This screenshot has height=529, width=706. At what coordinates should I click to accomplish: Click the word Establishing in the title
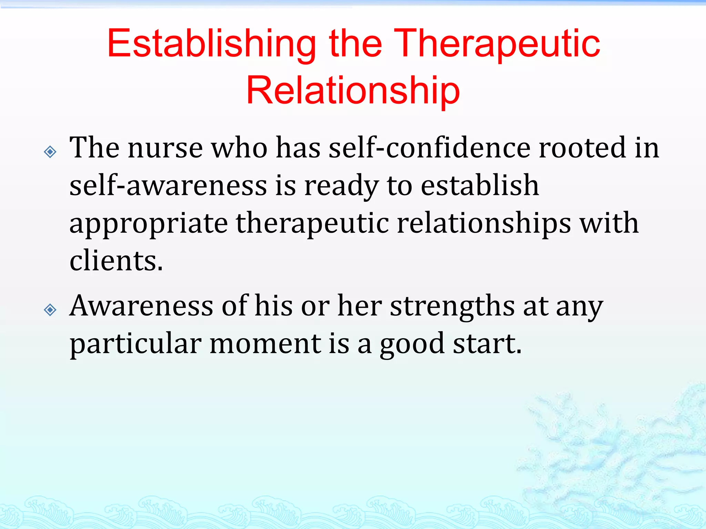[x=211, y=44]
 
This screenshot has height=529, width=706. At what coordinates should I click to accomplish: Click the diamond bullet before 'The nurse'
[x=50, y=152]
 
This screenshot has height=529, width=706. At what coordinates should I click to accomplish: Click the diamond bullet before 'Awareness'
[x=50, y=310]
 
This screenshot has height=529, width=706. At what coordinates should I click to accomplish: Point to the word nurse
[x=165, y=148]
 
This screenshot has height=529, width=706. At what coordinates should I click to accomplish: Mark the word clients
[x=116, y=261]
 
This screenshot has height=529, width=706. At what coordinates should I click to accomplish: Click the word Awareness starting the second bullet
[x=141, y=306]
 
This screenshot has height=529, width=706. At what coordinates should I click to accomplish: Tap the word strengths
[x=452, y=306]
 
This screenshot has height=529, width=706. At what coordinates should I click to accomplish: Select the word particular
[x=135, y=344]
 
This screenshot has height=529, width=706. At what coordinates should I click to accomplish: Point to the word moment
[x=265, y=344]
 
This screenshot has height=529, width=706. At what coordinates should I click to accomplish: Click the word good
[x=412, y=344]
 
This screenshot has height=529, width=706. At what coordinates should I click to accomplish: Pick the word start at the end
[x=486, y=344]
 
